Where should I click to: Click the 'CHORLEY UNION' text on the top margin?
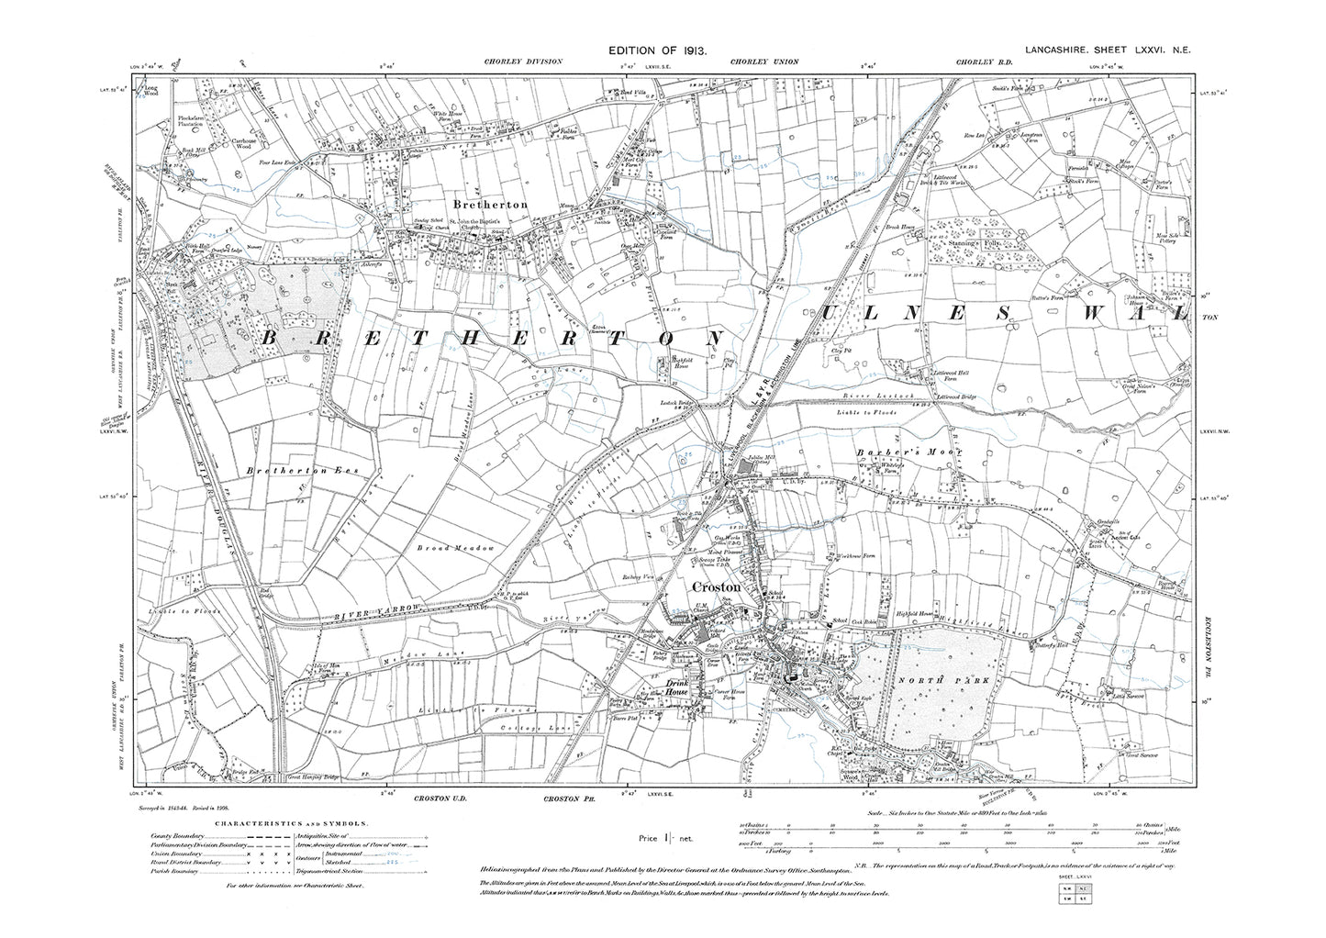(x=764, y=61)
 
